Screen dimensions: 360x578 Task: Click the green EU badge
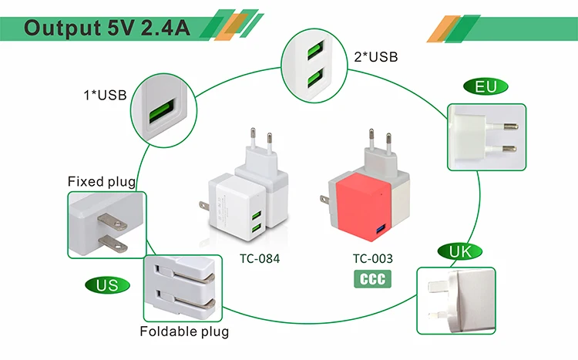[x=486, y=86]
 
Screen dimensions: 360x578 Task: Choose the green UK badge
[x=459, y=251]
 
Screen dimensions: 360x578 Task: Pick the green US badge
[x=107, y=285]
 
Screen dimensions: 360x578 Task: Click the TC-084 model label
[x=258, y=259]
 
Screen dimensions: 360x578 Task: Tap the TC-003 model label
[x=372, y=259]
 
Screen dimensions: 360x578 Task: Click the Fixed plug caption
[x=102, y=182]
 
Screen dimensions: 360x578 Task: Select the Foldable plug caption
[x=184, y=332]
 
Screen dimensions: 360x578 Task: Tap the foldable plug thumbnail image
[x=185, y=288]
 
